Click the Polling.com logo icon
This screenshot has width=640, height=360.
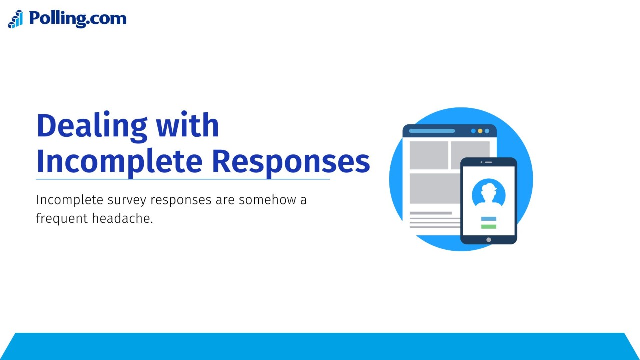pos(15,19)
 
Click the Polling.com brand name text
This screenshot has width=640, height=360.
pos(77,18)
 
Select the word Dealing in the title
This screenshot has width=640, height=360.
pos(92,126)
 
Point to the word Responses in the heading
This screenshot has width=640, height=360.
pos(290,161)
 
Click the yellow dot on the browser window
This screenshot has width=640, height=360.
pos(480,131)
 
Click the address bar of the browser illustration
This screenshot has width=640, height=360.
pos(432,131)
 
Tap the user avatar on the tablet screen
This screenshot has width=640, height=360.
pos(488,193)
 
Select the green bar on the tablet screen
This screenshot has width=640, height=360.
pos(488,227)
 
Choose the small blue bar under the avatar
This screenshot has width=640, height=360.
pos(488,219)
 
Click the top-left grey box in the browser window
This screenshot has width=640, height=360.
pos(429,155)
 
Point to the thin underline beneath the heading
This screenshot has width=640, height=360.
pos(183,179)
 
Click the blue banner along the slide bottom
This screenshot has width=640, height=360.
pos(320,346)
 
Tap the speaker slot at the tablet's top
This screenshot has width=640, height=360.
pos(488,162)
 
